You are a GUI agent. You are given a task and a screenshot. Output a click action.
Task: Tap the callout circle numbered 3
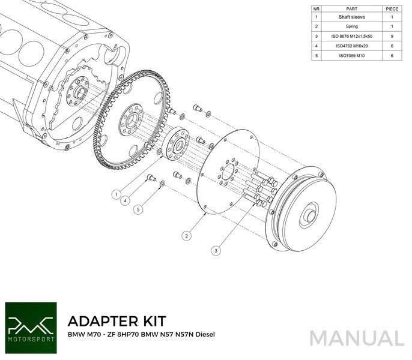[215, 249]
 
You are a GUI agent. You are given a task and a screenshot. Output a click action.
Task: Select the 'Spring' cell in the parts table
[352, 26]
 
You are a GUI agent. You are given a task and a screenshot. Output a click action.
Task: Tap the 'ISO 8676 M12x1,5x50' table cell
[352, 36]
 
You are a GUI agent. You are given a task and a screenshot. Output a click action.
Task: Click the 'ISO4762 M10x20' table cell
[352, 46]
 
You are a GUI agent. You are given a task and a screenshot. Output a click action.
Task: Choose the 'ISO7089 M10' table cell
[352, 55]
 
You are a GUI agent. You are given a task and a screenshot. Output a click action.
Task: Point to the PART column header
[352, 9]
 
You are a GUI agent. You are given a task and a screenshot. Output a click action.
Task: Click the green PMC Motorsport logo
[29, 323]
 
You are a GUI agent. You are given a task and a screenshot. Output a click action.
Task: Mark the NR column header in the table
[315, 9]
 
